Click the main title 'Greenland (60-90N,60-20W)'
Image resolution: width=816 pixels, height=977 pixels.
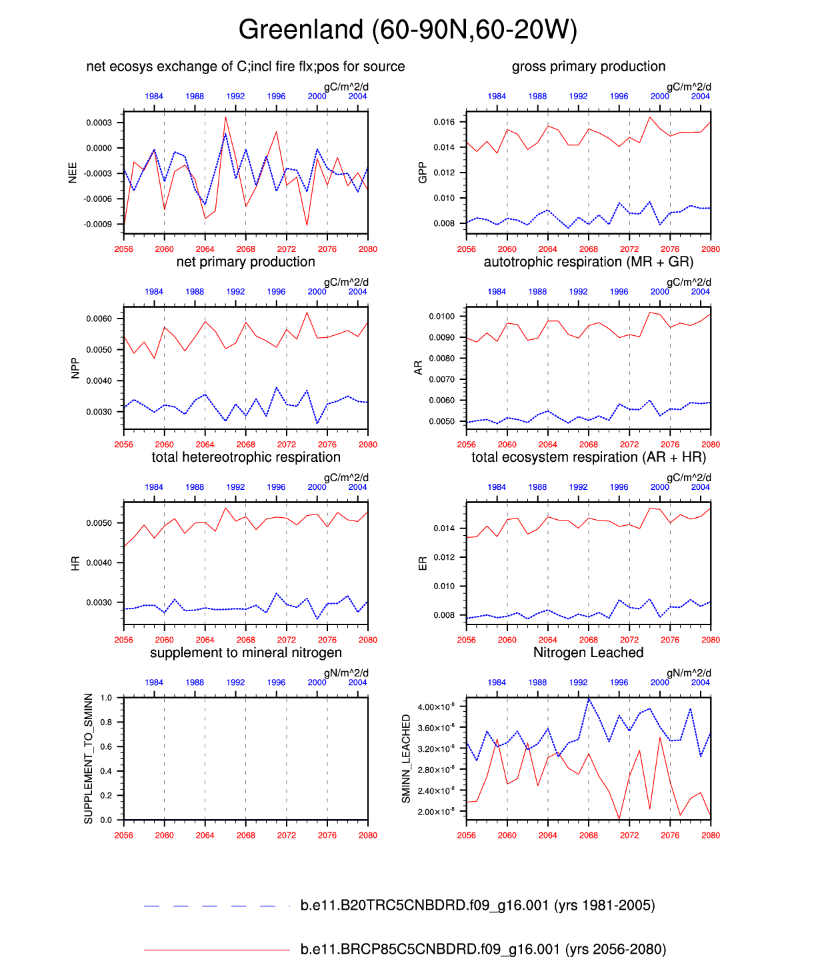click(407, 30)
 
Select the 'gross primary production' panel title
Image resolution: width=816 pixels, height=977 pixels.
click(588, 67)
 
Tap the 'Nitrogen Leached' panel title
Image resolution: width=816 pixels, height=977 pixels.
click(588, 653)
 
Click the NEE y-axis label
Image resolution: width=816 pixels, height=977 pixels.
click(73, 172)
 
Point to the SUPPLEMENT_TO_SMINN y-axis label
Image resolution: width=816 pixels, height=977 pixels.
click(89, 758)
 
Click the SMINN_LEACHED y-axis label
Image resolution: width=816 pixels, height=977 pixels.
click(406, 758)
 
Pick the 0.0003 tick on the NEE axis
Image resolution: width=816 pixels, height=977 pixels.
click(99, 123)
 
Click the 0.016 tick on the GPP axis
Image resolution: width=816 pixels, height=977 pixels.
click(444, 122)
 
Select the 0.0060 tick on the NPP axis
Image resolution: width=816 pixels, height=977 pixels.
click(99, 319)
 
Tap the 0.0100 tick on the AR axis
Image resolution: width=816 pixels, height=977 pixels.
click(441, 317)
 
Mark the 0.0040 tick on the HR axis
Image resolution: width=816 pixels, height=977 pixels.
click(99, 563)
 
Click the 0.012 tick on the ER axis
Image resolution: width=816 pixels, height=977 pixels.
click(444, 557)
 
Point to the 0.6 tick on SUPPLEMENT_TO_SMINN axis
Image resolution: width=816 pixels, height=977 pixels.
click(107, 747)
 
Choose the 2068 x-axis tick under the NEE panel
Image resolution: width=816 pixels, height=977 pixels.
click(245, 249)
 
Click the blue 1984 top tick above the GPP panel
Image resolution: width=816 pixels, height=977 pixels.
click(497, 97)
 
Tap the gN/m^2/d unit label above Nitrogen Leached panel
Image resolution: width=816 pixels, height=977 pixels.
click(689, 673)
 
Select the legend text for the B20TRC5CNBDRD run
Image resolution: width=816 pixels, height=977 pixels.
click(477, 906)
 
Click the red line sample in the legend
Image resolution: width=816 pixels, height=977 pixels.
click(217, 950)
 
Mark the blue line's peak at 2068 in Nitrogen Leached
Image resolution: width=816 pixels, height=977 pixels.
click(589, 699)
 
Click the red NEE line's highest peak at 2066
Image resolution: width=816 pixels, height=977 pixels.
click(225, 117)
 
